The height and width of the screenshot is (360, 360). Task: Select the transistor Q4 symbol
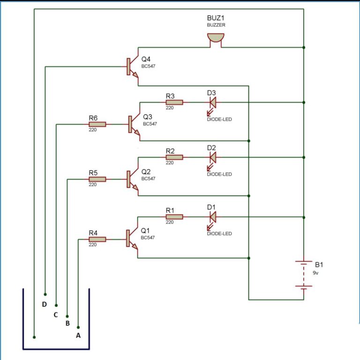coord(132,66)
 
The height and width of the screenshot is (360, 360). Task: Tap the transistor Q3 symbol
coord(134,124)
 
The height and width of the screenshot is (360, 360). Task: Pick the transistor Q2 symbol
coord(132,179)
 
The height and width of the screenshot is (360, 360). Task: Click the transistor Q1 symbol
coord(132,239)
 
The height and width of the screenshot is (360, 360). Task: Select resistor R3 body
coord(174,102)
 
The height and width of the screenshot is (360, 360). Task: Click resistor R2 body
coord(174,157)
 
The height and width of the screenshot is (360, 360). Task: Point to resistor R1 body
coord(174,217)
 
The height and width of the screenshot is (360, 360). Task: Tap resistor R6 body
coord(97,124)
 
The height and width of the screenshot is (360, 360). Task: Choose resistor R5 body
coord(97,179)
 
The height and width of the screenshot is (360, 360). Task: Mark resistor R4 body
coord(97,239)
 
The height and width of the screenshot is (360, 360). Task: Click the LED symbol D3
coord(212,102)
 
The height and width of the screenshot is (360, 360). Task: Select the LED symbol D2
coord(212,157)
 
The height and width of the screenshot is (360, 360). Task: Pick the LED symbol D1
coord(212,217)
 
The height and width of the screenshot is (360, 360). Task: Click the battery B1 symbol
coord(304,274)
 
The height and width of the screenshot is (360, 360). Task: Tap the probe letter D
coord(44,305)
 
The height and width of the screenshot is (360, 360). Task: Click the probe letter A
coord(78,335)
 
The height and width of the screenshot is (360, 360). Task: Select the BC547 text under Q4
coord(148,66)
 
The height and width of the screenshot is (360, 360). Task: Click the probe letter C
coord(55,315)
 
